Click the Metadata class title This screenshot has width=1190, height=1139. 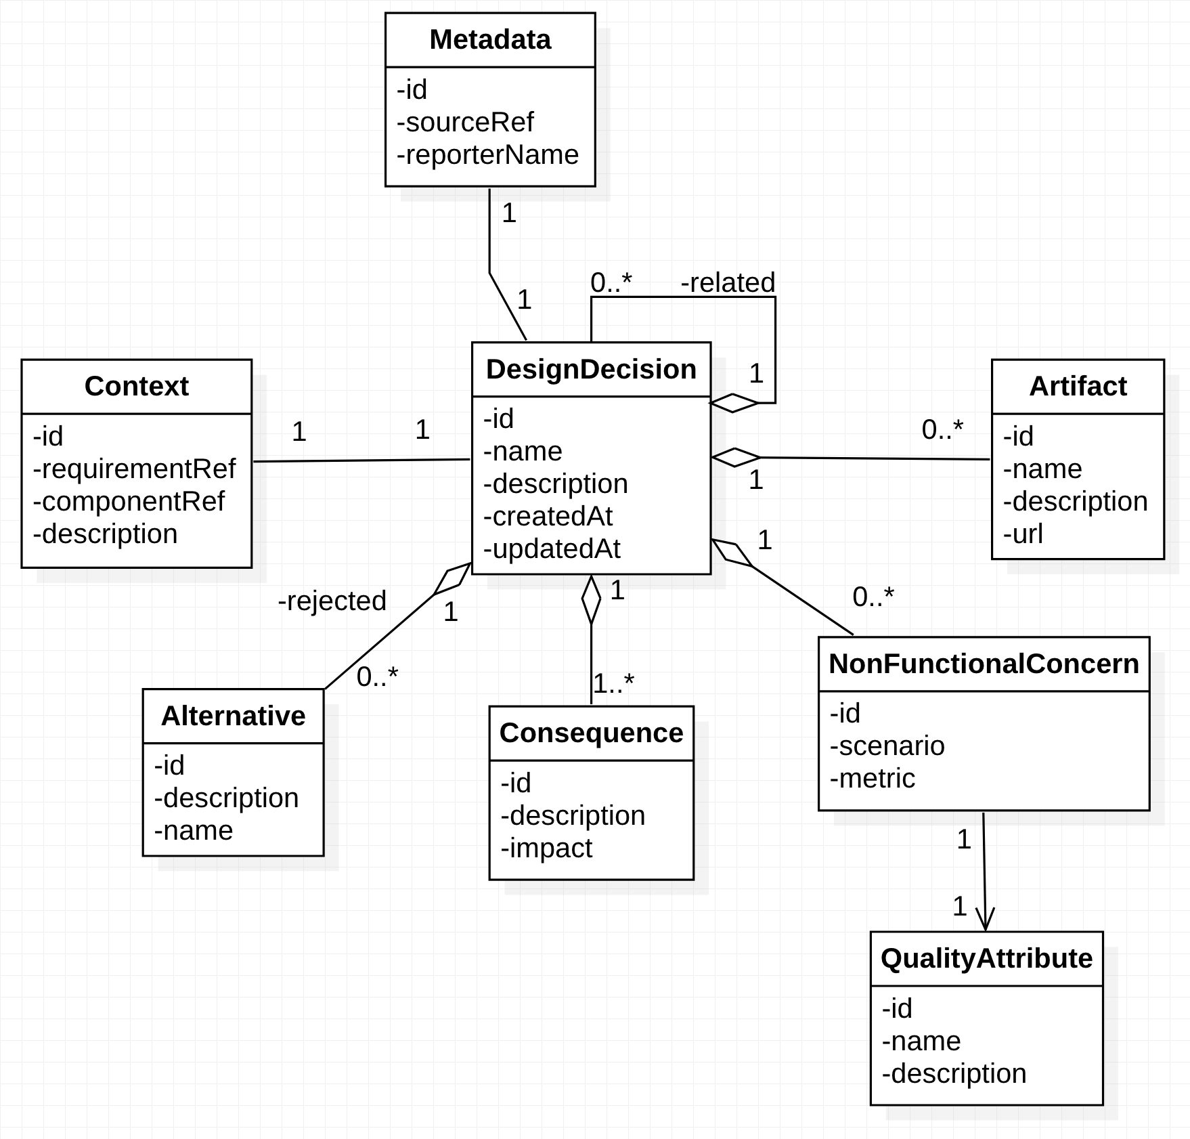[x=490, y=39]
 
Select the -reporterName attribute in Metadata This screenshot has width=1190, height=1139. [x=487, y=154]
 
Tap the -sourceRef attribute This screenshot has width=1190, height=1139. [x=465, y=122]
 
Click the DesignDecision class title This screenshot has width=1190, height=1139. [x=591, y=369]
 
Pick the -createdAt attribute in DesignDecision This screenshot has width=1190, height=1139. [x=548, y=516]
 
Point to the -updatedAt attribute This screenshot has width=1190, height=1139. [x=552, y=549]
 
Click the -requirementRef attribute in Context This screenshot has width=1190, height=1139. [x=134, y=469]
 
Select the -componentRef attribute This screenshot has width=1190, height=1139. [x=129, y=501]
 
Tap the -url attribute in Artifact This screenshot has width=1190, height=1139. [x=1023, y=534]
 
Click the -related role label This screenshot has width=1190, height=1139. [x=728, y=282]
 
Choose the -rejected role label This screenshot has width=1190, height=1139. [x=332, y=601]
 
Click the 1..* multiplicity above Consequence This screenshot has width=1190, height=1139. [x=613, y=683]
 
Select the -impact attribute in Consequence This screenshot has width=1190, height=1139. [x=546, y=848]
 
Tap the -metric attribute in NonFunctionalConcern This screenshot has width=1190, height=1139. [x=872, y=778]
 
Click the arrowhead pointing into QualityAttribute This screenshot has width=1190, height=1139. [x=985, y=920]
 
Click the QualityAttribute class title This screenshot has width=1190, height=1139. [x=986, y=958]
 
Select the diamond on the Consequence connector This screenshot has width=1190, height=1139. [x=591, y=599]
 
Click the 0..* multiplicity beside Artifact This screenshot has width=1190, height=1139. [x=942, y=429]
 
